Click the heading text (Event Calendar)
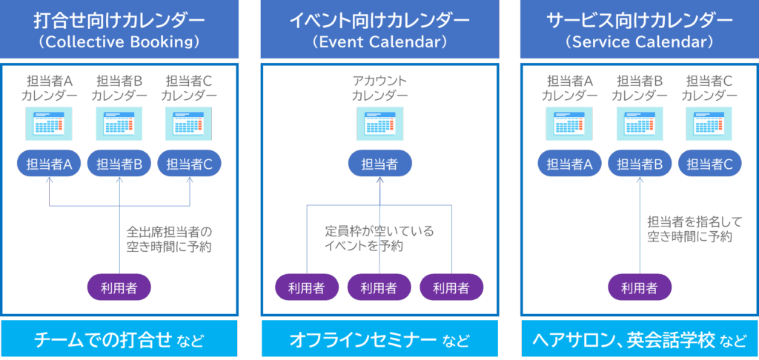(379, 41)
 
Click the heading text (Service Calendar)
(639, 41)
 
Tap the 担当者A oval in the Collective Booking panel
(48, 164)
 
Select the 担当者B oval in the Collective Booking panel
(119, 164)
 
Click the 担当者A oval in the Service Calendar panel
(569, 164)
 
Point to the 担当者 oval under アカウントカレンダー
(379, 164)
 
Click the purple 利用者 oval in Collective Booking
(119, 285)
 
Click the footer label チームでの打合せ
(104, 340)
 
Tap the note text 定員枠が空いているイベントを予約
(379, 239)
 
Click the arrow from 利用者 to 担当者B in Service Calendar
(639, 222)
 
